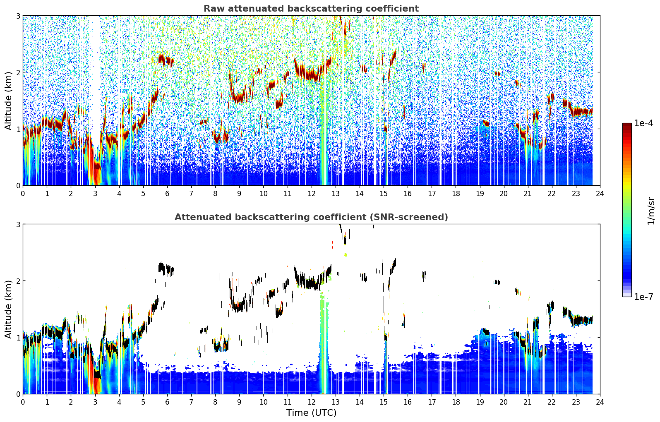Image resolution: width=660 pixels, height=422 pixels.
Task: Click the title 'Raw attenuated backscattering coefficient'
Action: [x=311, y=9]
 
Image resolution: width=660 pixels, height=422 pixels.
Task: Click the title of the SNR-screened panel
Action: [x=311, y=217]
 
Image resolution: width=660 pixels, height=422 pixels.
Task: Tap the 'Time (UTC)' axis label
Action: [x=311, y=412]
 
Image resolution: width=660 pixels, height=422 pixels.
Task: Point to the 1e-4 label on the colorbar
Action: [x=643, y=123]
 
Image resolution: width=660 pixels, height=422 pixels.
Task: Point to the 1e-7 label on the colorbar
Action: [x=643, y=297]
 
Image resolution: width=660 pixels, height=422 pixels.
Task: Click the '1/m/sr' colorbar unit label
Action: [x=651, y=211]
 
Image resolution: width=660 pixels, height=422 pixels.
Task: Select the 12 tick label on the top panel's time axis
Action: [x=312, y=194]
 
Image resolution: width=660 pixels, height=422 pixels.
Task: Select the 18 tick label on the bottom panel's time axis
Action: [x=456, y=402]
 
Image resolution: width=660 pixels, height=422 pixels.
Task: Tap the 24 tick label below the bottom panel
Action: [x=600, y=402]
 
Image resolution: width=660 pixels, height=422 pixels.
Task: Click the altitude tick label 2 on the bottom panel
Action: [x=18, y=281]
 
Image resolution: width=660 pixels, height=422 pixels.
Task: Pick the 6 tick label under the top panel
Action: [x=167, y=194]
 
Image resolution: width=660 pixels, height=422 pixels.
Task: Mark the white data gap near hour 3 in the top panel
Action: [x=96, y=79]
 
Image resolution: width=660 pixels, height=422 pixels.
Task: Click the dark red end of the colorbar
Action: [x=627, y=125]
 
